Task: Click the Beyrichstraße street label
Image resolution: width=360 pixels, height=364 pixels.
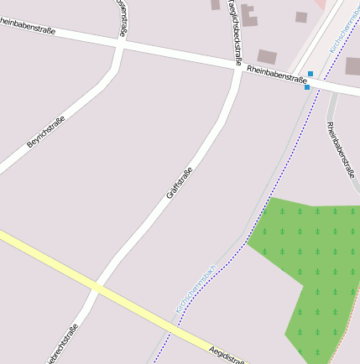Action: click(45, 132)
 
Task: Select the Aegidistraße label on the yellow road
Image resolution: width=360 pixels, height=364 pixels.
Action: click(227, 355)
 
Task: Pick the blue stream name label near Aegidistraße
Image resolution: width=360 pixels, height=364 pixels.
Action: click(195, 290)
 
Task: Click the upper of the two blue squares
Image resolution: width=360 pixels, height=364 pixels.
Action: click(310, 74)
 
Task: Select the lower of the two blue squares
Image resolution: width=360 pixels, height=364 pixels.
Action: click(307, 87)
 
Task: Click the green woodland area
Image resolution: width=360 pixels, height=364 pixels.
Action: click(315, 260)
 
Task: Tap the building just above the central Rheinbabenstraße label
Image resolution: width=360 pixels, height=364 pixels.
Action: click(267, 57)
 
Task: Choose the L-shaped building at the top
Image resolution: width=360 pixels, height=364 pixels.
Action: click(249, 15)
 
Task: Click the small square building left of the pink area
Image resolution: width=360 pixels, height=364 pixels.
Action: click(300, 17)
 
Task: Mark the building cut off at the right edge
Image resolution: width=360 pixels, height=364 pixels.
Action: click(352, 65)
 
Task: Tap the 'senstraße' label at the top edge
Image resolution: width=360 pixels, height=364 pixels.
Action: click(123, 17)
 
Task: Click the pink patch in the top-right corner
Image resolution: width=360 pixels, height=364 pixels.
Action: click(320, 3)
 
